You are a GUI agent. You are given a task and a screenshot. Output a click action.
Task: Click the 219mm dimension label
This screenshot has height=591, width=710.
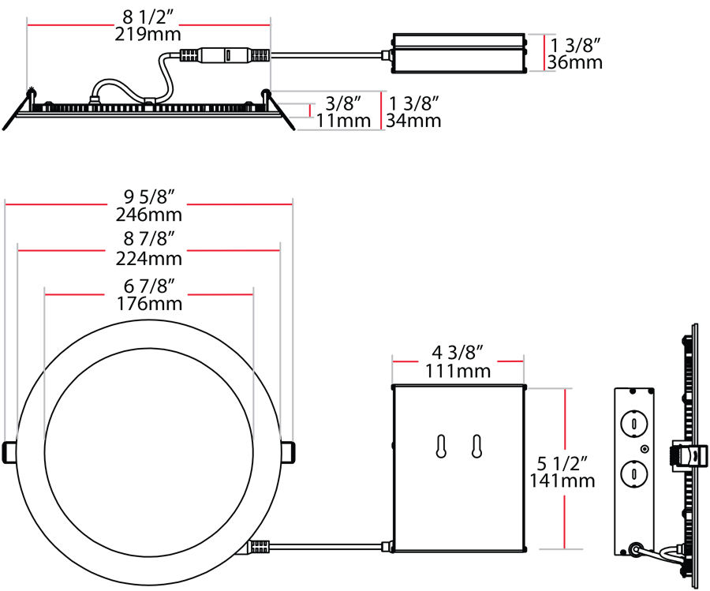pyautogui.click(x=148, y=34)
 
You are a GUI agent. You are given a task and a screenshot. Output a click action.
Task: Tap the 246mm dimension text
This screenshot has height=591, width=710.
pyautogui.click(x=148, y=214)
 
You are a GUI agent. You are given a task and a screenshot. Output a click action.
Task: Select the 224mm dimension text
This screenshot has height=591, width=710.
pyautogui.click(x=148, y=258)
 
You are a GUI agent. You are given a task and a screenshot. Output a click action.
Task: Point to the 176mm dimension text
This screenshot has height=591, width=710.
pyautogui.click(x=148, y=303)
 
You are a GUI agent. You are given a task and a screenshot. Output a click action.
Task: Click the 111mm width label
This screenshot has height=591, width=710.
pyautogui.click(x=458, y=370)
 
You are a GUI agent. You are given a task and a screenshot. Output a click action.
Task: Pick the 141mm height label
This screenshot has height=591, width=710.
pyautogui.click(x=561, y=480)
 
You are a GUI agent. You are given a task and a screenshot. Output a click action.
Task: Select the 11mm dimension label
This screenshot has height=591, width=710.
pyautogui.click(x=343, y=121)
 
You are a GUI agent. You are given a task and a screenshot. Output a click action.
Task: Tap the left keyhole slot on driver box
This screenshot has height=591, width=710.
pyautogui.click(x=442, y=445)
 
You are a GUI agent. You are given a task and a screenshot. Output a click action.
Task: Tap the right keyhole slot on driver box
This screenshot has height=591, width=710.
pyautogui.click(x=476, y=445)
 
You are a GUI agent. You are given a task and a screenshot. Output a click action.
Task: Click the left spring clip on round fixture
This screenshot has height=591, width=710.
pyautogui.click(x=9, y=451)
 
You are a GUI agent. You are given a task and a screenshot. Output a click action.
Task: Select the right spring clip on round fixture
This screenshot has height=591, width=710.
pyautogui.click(x=289, y=451)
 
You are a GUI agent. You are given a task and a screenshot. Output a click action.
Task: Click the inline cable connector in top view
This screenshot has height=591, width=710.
pyautogui.click(x=225, y=56)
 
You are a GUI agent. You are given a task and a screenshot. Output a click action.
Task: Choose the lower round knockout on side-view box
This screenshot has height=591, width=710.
pyautogui.click(x=633, y=474)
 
